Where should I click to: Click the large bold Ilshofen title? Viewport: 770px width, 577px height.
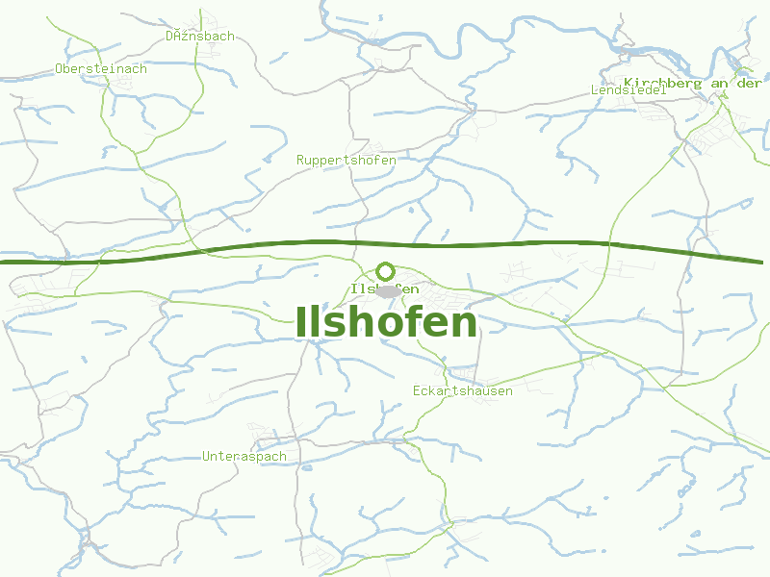(386, 322)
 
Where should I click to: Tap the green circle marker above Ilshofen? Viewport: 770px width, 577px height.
(386, 271)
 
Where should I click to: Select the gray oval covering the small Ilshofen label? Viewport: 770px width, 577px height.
(388, 290)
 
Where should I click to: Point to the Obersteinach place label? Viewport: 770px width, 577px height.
(101, 69)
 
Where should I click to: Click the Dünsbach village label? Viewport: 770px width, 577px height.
(200, 37)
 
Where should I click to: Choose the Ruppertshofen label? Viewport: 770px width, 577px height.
(346, 161)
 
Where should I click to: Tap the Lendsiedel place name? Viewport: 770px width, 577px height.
(629, 90)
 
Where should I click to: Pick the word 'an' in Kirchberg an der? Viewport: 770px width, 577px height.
(718, 84)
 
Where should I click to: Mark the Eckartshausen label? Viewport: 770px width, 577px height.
(463, 391)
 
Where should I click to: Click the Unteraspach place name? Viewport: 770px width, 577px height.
(244, 457)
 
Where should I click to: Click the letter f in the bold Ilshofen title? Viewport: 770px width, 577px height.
(394, 321)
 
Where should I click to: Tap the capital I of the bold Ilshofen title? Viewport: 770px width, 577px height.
(302, 322)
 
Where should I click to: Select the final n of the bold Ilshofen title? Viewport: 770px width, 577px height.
(465, 325)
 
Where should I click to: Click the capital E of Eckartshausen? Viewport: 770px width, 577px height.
(417, 391)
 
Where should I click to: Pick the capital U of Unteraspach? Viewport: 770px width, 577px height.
(207, 457)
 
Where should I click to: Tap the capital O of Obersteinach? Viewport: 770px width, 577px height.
(60, 69)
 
